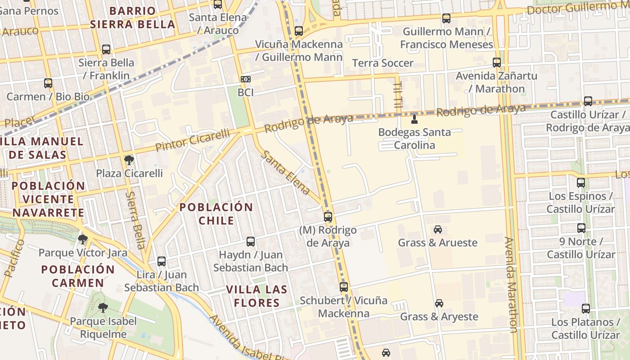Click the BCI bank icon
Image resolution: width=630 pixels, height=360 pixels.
pos(246,79)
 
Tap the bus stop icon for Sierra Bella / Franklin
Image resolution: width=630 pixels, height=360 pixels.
pos(106,49)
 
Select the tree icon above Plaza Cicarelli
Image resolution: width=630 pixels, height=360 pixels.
pos(129,160)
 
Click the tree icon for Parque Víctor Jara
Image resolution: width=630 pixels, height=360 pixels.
pos(82,239)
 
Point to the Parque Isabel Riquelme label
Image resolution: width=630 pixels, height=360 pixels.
pos(103,328)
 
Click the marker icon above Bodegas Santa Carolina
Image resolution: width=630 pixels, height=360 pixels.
pos(414,119)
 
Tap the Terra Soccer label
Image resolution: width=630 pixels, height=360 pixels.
pos(382,63)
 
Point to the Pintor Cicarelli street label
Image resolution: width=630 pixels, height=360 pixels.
pos(192,140)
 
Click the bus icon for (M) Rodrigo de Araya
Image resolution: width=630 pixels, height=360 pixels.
pos(328,216)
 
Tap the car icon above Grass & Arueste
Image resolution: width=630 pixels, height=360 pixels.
pos(438,229)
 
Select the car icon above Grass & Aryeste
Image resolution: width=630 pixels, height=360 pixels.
pos(439,303)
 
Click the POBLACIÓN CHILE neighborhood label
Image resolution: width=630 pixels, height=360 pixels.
pos(216,214)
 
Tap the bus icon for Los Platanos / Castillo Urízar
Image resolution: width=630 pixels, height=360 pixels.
pos(585,309)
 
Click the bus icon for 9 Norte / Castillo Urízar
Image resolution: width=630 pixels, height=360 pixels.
pos(581,228)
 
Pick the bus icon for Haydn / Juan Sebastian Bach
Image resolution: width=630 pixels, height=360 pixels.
pos(251,242)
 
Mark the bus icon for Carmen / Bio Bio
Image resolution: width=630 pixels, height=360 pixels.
pos(48,83)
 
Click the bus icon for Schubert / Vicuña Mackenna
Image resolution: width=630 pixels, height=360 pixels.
pos(344,287)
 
